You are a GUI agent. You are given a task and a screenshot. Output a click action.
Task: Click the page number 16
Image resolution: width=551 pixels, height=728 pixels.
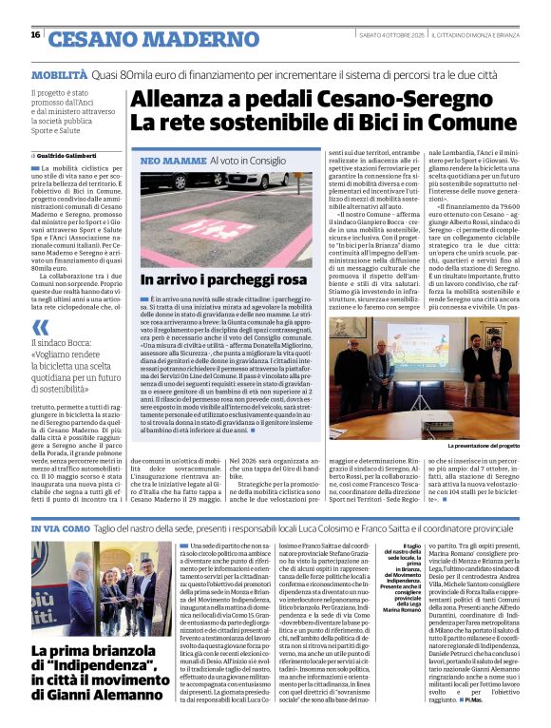click(35, 35)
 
